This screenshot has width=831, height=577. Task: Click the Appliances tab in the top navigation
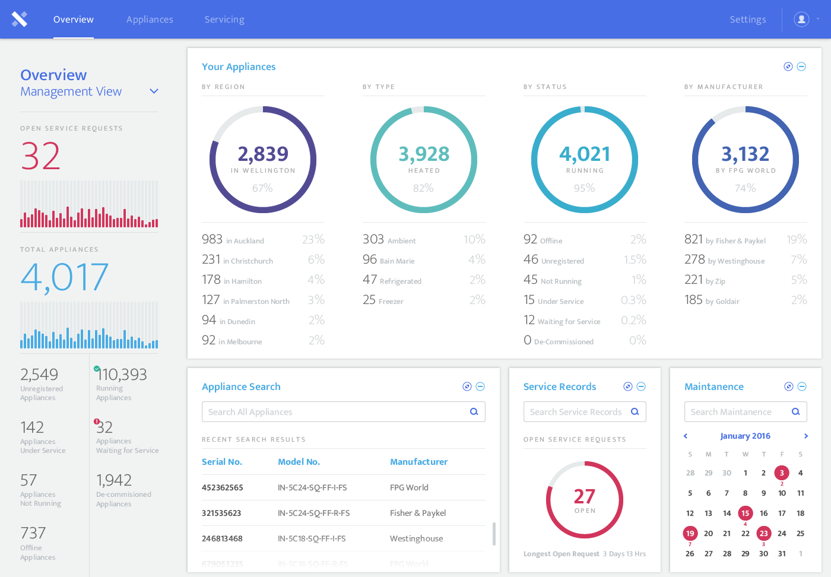150,20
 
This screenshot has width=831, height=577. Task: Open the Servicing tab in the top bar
224,20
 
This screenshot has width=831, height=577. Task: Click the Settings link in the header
747,20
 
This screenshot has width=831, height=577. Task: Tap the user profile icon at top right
801,20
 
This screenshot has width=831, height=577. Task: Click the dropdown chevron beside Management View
154,91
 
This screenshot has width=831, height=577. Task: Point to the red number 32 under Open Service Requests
40,156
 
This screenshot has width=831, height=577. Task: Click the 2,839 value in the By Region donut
263,154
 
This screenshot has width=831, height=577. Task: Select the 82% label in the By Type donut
423,188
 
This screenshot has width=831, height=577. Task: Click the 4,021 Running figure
585,154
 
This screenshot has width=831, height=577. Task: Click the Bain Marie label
397,261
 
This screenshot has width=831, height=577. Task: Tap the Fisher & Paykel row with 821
725,240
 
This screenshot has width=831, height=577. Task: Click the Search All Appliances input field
335,412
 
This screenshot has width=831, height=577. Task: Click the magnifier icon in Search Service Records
635,411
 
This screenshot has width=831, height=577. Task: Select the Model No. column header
299,462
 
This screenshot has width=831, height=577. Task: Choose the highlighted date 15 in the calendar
745,513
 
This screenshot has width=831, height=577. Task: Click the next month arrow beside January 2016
805,436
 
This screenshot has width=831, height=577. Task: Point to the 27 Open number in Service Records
584,497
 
